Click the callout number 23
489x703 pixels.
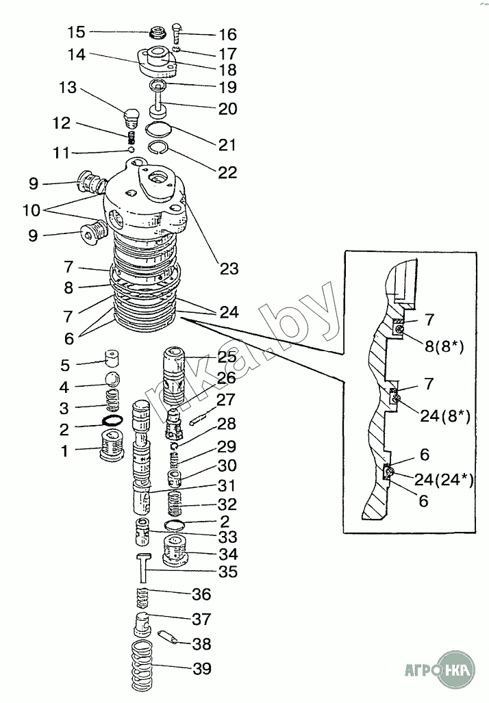pyautogui.click(x=229, y=268)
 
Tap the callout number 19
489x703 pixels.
pyautogui.click(x=227, y=88)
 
